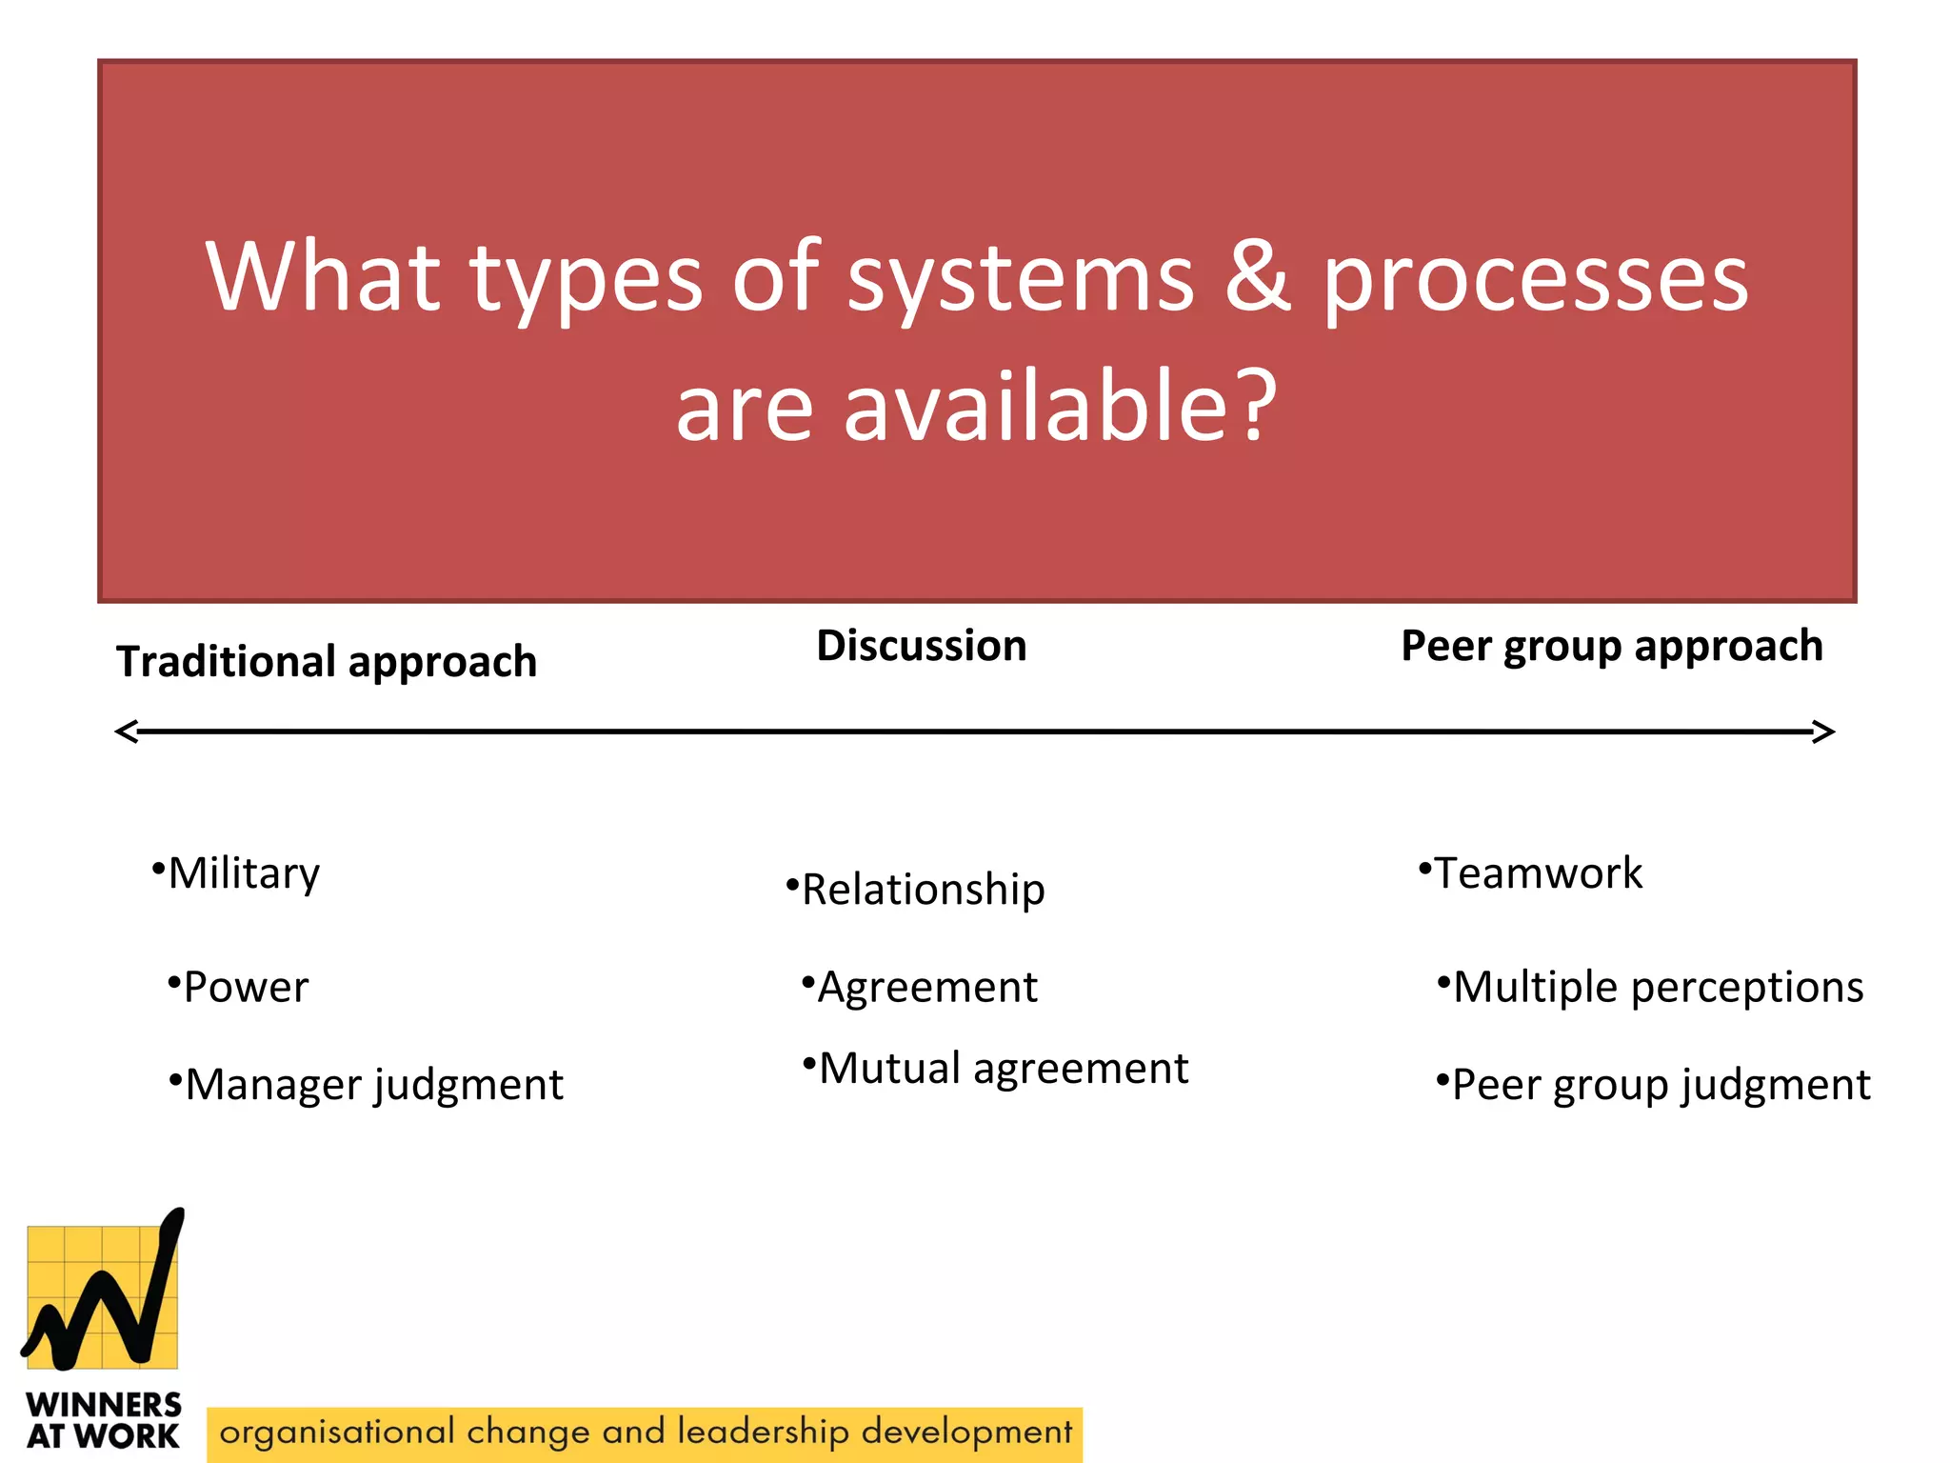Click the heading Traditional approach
pyautogui.click(x=327, y=661)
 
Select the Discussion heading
pyautogui.click(x=922, y=646)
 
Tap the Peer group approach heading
pyautogui.click(x=1611, y=646)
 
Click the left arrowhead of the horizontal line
pyautogui.click(x=127, y=731)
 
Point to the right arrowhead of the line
pyautogui.click(x=1822, y=731)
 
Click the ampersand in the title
pyautogui.click(x=1258, y=276)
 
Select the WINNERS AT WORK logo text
pyautogui.click(x=103, y=1419)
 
